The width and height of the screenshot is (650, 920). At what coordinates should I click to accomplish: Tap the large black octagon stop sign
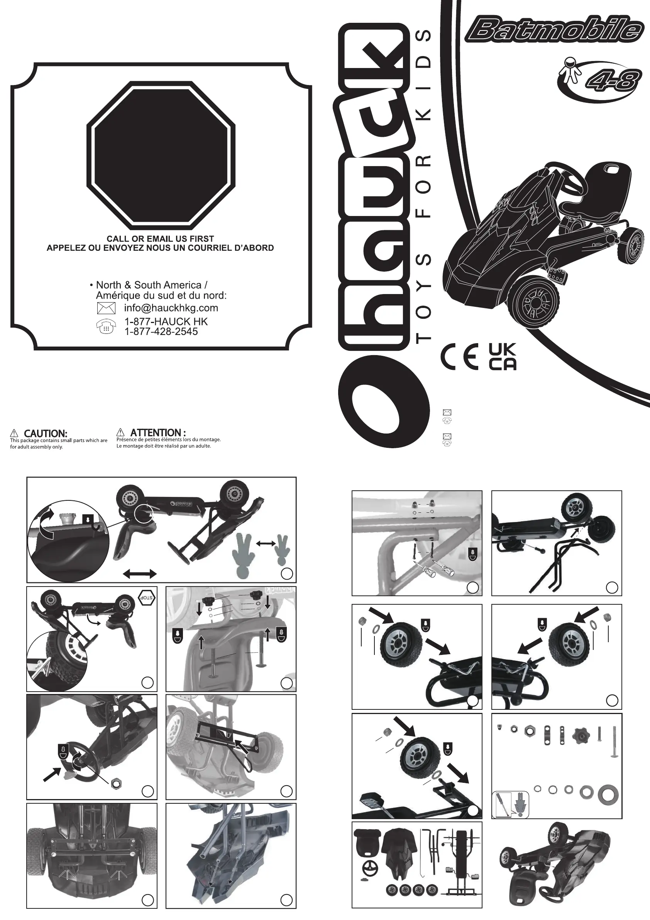click(x=161, y=155)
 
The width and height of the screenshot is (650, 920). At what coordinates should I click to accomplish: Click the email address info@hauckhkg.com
click(x=171, y=308)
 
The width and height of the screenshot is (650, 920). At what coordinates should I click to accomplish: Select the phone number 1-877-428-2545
click(x=161, y=332)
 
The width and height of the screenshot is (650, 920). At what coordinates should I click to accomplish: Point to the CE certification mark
click(x=459, y=356)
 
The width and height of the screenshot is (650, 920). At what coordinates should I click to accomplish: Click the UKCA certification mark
click(x=503, y=356)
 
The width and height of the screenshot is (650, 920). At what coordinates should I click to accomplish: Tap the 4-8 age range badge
click(x=610, y=82)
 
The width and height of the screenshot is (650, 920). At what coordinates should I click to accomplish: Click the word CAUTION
click(x=45, y=433)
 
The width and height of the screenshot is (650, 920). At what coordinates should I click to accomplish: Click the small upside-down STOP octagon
click(x=147, y=598)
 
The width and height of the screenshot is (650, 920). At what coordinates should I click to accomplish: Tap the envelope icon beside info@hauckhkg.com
click(x=106, y=308)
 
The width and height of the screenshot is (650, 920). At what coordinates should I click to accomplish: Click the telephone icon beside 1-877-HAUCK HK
click(x=106, y=327)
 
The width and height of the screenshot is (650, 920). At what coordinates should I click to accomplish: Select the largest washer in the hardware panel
click(x=608, y=795)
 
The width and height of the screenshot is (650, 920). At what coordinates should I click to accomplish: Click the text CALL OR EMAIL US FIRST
click(x=160, y=238)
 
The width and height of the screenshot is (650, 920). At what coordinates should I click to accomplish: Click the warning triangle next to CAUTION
click(x=14, y=433)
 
